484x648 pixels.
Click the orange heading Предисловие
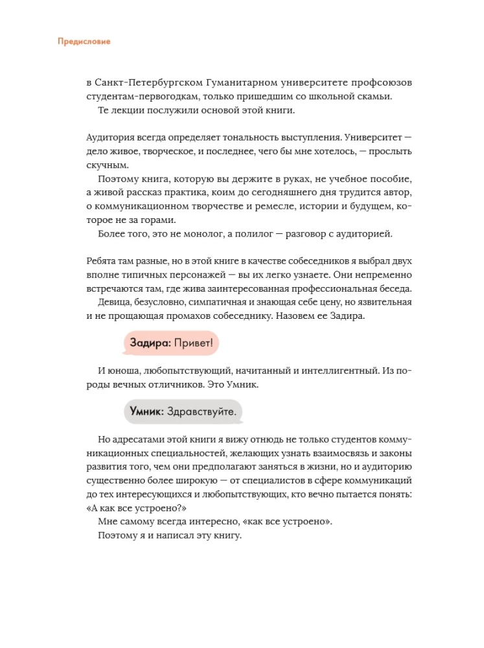pos(84,41)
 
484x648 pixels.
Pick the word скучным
pos(104,165)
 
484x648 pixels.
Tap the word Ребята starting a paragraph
pos(102,261)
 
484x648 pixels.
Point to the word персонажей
pos(187,275)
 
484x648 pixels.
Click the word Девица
pos(115,302)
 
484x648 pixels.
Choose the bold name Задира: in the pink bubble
pos(150,343)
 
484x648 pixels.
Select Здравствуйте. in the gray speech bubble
pos(201,411)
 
